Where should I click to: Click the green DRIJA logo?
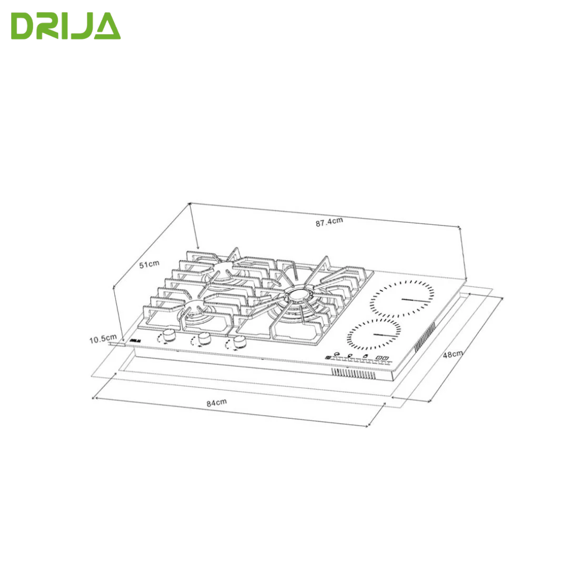click(x=66, y=26)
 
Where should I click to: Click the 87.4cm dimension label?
click(x=329, y=222)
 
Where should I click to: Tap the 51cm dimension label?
click(x=149, y=264)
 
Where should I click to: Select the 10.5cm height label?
click(x=103, y=339)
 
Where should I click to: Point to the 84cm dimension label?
click(x=216, y=403)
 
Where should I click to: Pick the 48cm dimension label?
click(x=453, y=354)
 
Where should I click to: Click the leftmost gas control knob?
click(x=169, y=335)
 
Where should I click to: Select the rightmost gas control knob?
click(x=239, y=342)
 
